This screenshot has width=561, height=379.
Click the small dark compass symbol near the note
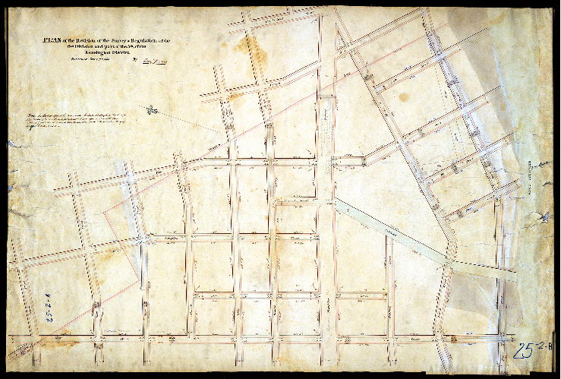pyautogui.click(x=153, y=110)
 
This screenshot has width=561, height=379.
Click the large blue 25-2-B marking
pyautogui.click(x=531, y=349)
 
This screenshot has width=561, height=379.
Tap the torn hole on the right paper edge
pyautogui.click(x=544, y=218)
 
